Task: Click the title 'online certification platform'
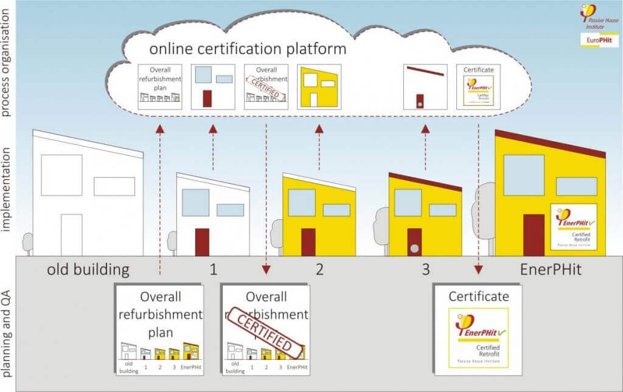tap(248, 49)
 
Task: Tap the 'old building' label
tap(88, 269)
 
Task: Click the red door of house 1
tap(202, 242)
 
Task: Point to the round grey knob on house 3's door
tap(414, 248)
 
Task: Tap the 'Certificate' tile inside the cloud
tap(478, 87)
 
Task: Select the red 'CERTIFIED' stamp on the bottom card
tap(265, 332)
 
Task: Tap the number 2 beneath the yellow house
tap(319, 269)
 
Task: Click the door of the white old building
tap(71, 234)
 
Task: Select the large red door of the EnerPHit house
tap(534, 234)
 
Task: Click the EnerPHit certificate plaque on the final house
tap(573, 226)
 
